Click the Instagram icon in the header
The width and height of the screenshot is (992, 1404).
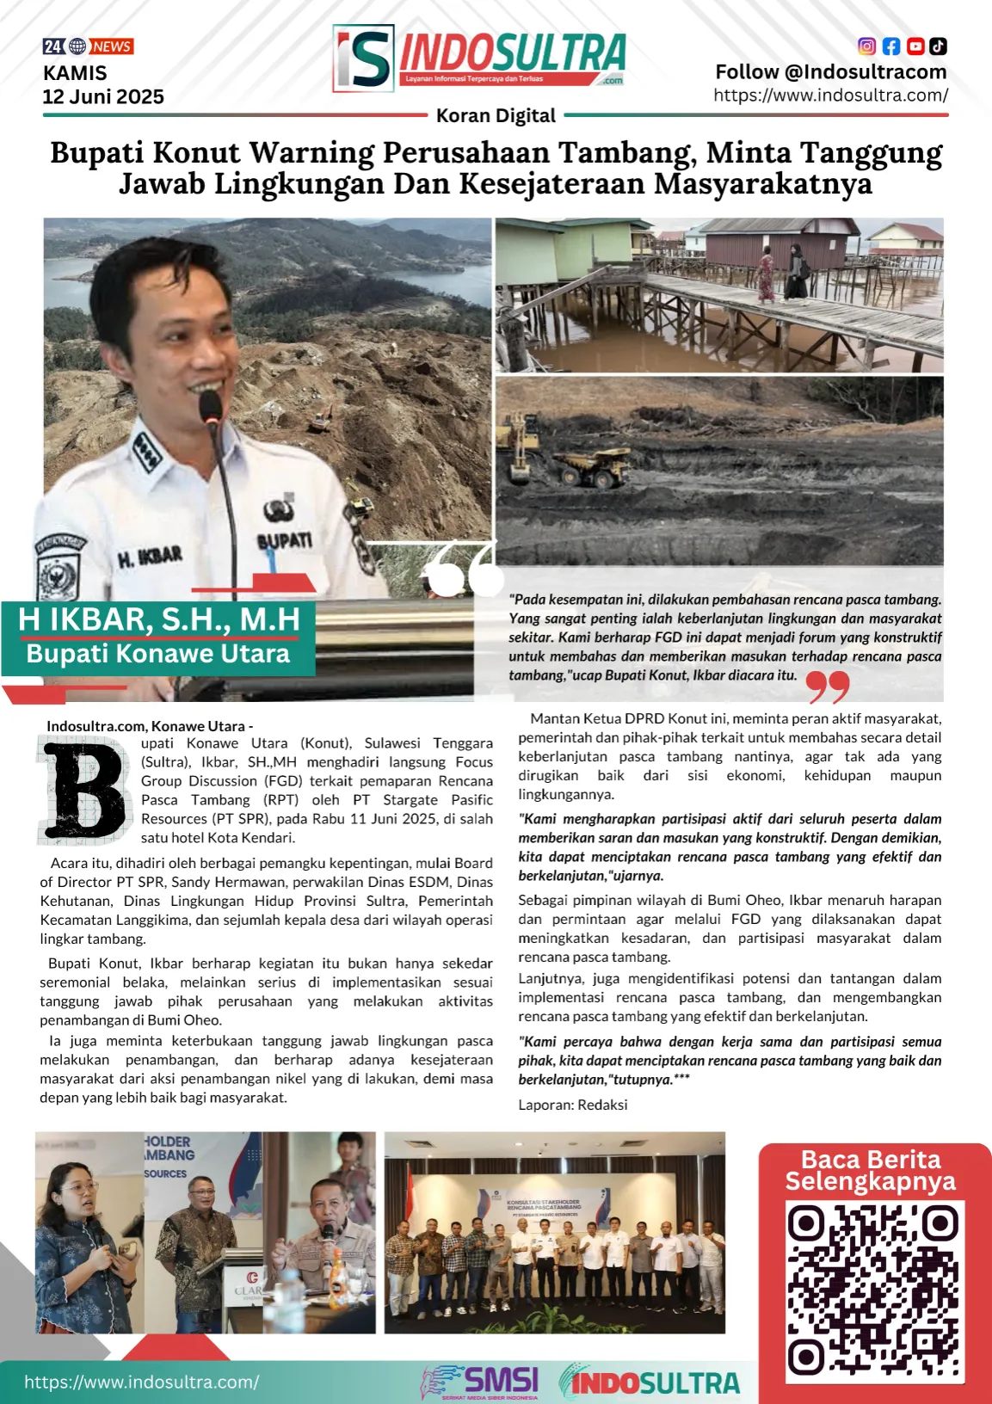pos(867,46)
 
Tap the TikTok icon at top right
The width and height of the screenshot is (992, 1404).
pos(938,46)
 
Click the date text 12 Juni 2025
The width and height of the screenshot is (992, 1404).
pos(103,97)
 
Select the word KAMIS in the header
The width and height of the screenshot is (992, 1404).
pos(75,73)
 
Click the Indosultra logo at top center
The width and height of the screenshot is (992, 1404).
pos(479,58)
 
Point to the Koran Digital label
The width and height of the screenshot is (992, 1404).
pos(496,115)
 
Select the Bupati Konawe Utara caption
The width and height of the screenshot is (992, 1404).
pos(158,654)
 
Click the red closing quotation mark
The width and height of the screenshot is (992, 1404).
pos(828,687)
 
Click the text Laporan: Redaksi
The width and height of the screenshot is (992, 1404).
pos(572,1105)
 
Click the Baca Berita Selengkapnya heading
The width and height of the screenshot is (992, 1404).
pos(871,1170)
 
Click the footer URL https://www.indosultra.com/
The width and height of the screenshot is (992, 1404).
pos(141,1382)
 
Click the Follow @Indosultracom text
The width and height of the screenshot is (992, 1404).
pos(830,72)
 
